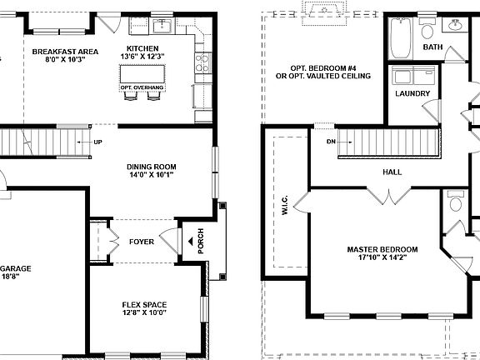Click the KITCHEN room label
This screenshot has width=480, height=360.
[142, 48]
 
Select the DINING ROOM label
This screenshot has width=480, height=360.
[152, 167]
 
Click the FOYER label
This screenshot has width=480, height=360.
[142, 242]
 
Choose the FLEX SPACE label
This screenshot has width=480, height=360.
[144, 304]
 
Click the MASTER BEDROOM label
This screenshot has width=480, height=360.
[382, 249]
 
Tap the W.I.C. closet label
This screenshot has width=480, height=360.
[285, 202]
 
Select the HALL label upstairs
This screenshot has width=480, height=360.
[392, 172]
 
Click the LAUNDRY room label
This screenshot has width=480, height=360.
[412, 93]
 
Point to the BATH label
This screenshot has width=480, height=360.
[432, 47]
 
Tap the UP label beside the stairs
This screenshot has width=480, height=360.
[98, 142]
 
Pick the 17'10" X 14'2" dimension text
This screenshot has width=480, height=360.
[382, 258]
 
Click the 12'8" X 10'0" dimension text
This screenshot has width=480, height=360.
[144, 313]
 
